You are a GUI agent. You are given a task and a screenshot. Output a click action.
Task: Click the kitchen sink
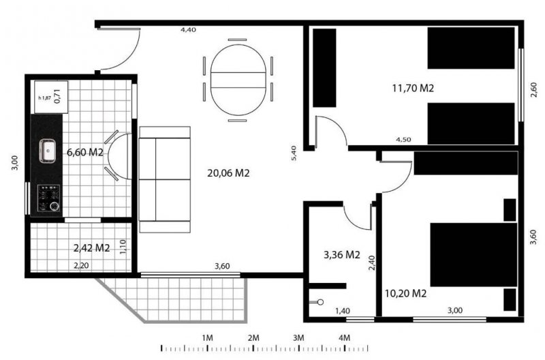[47, 151]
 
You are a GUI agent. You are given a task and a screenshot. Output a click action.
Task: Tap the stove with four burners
[48, 198]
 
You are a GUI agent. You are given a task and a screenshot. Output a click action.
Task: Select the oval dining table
[238, 80]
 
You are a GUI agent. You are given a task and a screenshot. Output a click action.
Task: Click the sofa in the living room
[165, 179]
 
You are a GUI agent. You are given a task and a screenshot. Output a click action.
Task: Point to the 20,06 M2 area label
[228, 173]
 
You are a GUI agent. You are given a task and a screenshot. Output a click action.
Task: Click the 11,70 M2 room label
[413, 89]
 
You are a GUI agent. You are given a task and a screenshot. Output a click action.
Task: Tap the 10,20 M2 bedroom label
[405, 294]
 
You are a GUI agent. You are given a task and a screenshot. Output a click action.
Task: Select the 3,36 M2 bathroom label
[342, 255]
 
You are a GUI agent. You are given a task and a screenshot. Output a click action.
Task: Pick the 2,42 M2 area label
[92, 248]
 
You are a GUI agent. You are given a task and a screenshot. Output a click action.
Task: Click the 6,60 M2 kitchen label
[84, 152]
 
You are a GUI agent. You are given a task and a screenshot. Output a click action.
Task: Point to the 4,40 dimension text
[188, 30]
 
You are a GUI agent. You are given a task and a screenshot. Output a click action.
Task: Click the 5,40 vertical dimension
[294, 153]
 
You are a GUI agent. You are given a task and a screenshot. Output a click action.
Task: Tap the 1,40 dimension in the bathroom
[343, 311]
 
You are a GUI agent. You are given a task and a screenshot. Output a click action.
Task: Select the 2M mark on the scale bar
[253, 337]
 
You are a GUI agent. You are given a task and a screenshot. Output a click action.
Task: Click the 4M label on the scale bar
[345, 337]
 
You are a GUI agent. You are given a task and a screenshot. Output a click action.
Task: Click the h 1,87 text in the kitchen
[44, 97]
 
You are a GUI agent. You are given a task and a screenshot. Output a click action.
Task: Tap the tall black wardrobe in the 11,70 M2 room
[325, 67]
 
